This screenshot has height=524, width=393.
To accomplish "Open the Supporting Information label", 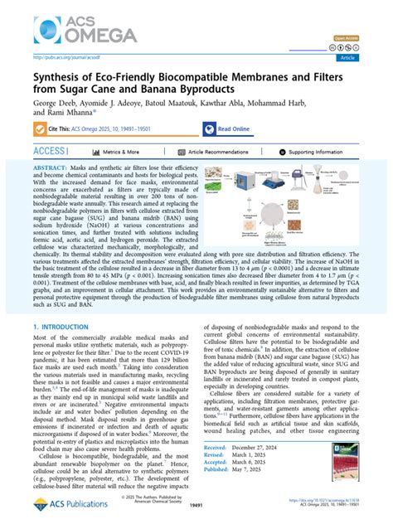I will pos(319,153).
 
